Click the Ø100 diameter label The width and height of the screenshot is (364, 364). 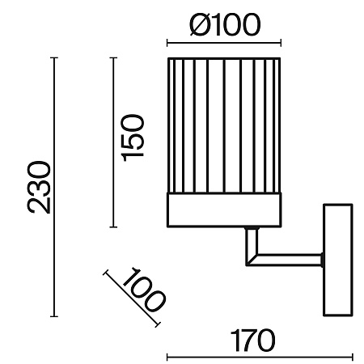226,25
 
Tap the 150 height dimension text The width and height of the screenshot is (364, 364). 133,138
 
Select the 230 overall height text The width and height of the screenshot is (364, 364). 39,187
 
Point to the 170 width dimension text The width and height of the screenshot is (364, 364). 252,341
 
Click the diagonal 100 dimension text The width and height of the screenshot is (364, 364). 143,290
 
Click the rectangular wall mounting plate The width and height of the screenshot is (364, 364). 338,260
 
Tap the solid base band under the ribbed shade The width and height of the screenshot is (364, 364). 224,210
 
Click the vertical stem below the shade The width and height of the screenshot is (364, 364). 252,244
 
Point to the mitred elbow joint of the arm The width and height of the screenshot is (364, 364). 251,260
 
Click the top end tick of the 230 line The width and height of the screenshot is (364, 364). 54,57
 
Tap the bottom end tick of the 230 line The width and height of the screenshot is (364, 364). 54,316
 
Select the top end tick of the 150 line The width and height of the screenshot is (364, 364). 113,57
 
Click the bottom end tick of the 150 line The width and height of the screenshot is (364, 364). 113,227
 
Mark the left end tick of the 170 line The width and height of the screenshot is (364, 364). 167,358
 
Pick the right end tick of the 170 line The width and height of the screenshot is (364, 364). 352,358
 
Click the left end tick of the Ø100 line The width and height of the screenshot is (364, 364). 167,43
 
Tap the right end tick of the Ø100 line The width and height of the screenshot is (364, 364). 281,43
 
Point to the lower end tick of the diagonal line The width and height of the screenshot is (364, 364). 158,324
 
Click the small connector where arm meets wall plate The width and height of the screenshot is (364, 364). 322,260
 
